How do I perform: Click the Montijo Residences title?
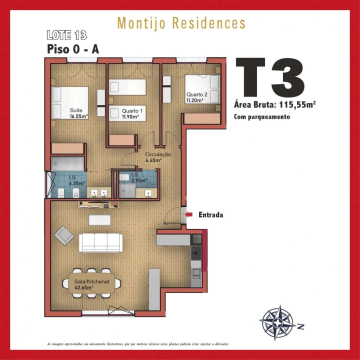point(181,23)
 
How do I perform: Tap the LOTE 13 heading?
point(66,35)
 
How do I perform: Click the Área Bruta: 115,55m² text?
point(274,105)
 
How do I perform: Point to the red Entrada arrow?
point(189,215)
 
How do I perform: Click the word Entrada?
point(210,215)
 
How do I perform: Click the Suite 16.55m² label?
point(78,113)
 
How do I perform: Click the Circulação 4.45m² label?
point(157,157)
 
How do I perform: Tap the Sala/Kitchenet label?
point(85,284)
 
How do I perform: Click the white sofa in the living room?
point(100,242)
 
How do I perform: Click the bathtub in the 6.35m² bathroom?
point(68,163)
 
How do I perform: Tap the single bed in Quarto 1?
point(127,86)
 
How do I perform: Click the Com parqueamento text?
point(261,116)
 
